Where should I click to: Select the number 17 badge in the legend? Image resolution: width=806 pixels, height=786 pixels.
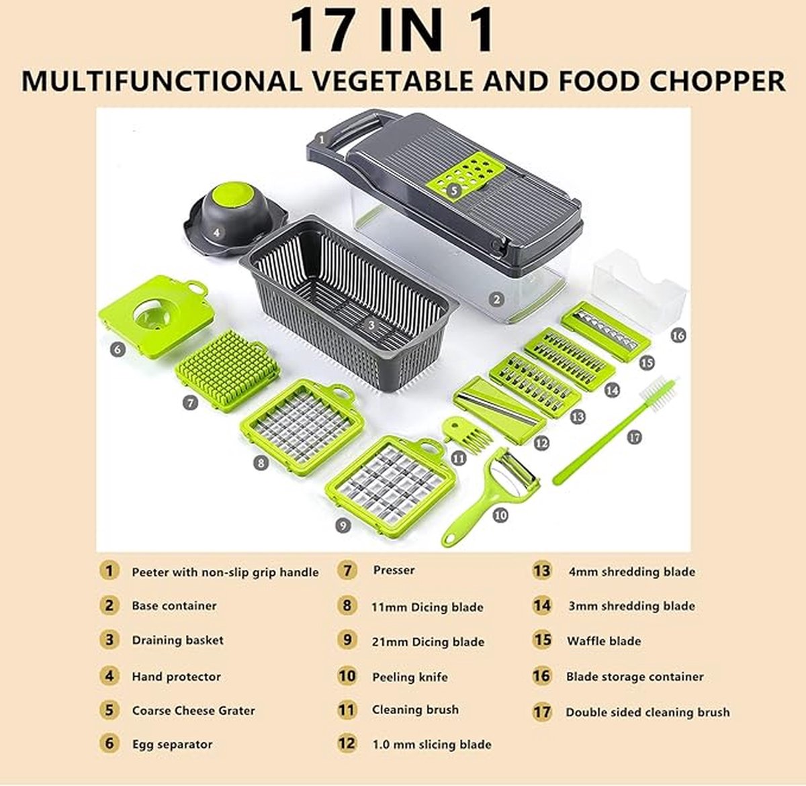[x=541, y=711]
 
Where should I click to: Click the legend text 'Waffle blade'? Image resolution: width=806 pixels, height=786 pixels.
[x=604, y=641]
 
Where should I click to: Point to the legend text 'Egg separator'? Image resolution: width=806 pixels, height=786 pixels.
[x=172, y=744]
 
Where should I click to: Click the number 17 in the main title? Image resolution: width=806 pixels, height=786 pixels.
[x=322, y=30]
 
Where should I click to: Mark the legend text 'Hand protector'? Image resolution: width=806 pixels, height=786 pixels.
[x=176, y=677]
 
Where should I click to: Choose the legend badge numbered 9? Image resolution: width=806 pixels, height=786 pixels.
[x=347, y=640]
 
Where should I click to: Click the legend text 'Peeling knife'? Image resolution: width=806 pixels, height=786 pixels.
[x=410, y=677]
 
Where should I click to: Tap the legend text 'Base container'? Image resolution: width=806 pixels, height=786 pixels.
[x=174, y=605]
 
